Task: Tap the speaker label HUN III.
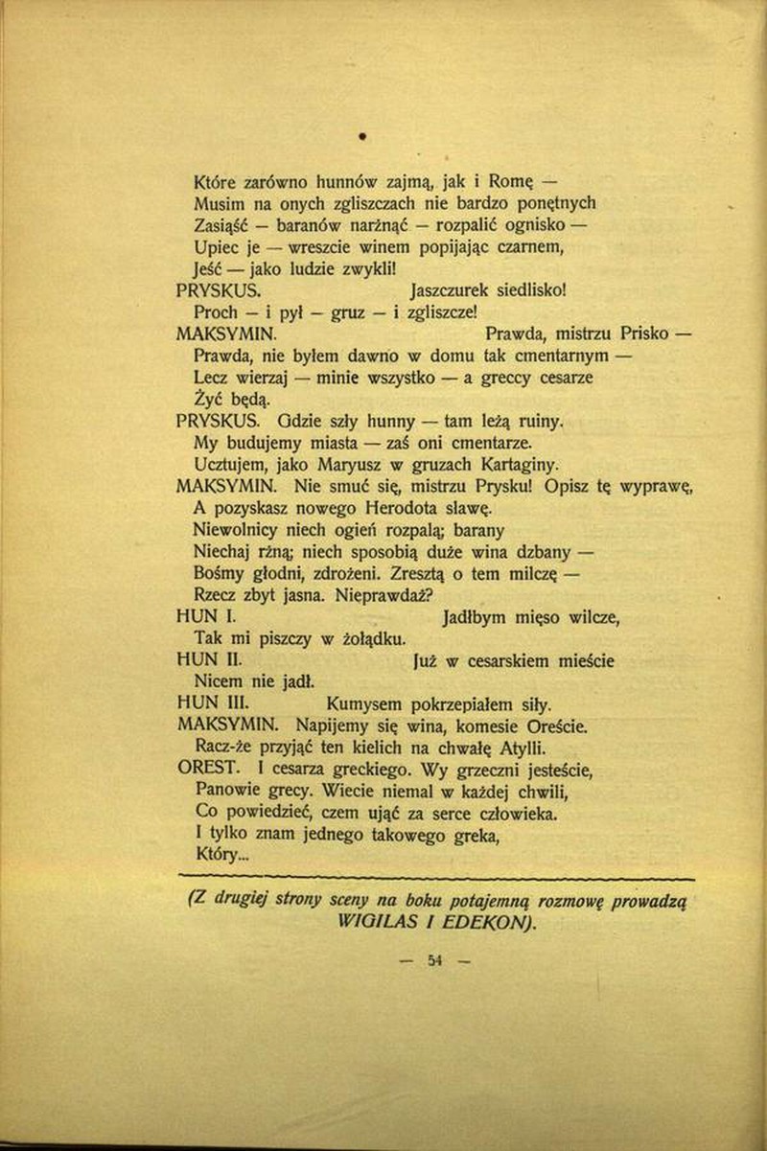tap(207, 703)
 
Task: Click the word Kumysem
tap(361, 704)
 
